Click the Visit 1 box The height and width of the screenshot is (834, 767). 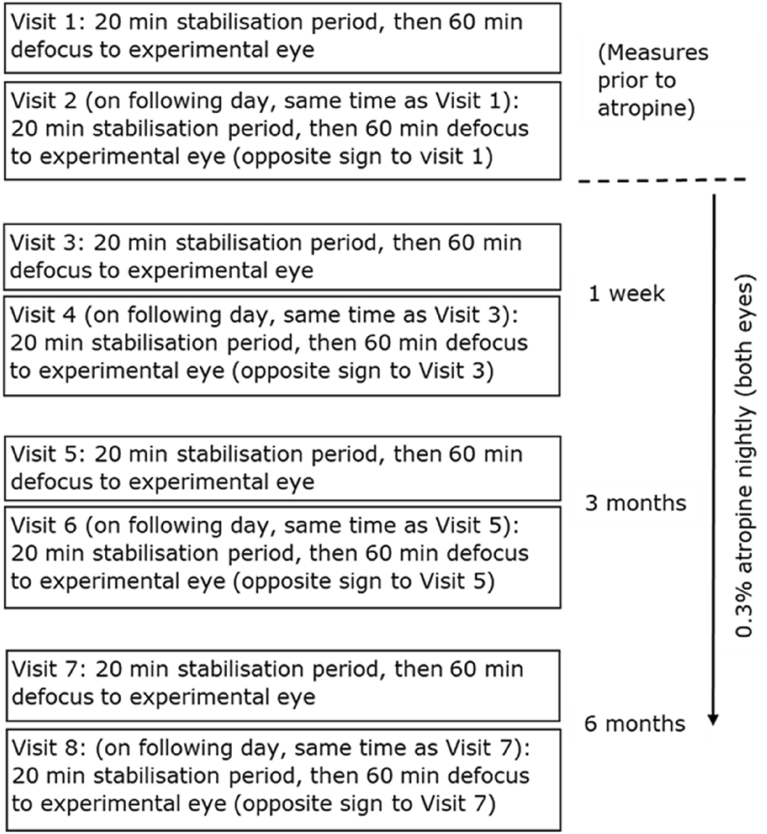coord(282,37)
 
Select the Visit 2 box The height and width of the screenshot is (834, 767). coord(282,130)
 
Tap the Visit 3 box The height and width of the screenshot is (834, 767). coord(282,257)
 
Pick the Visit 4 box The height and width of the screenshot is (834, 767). coord(282,344)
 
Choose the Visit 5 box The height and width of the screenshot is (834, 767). coord(282,468)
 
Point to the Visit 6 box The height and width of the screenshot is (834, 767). coord(282,556)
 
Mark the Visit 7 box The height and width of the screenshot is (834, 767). coord(282,684)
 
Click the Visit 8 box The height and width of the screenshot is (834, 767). coord(282,778)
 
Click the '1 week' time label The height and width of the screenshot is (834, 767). coord(626,294)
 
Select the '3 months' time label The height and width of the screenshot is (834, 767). coord(635,504)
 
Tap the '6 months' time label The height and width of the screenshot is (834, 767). coord(635,723)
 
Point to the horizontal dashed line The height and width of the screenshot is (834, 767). coord(662,180)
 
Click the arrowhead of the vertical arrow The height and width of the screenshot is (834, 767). coord(713,719)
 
